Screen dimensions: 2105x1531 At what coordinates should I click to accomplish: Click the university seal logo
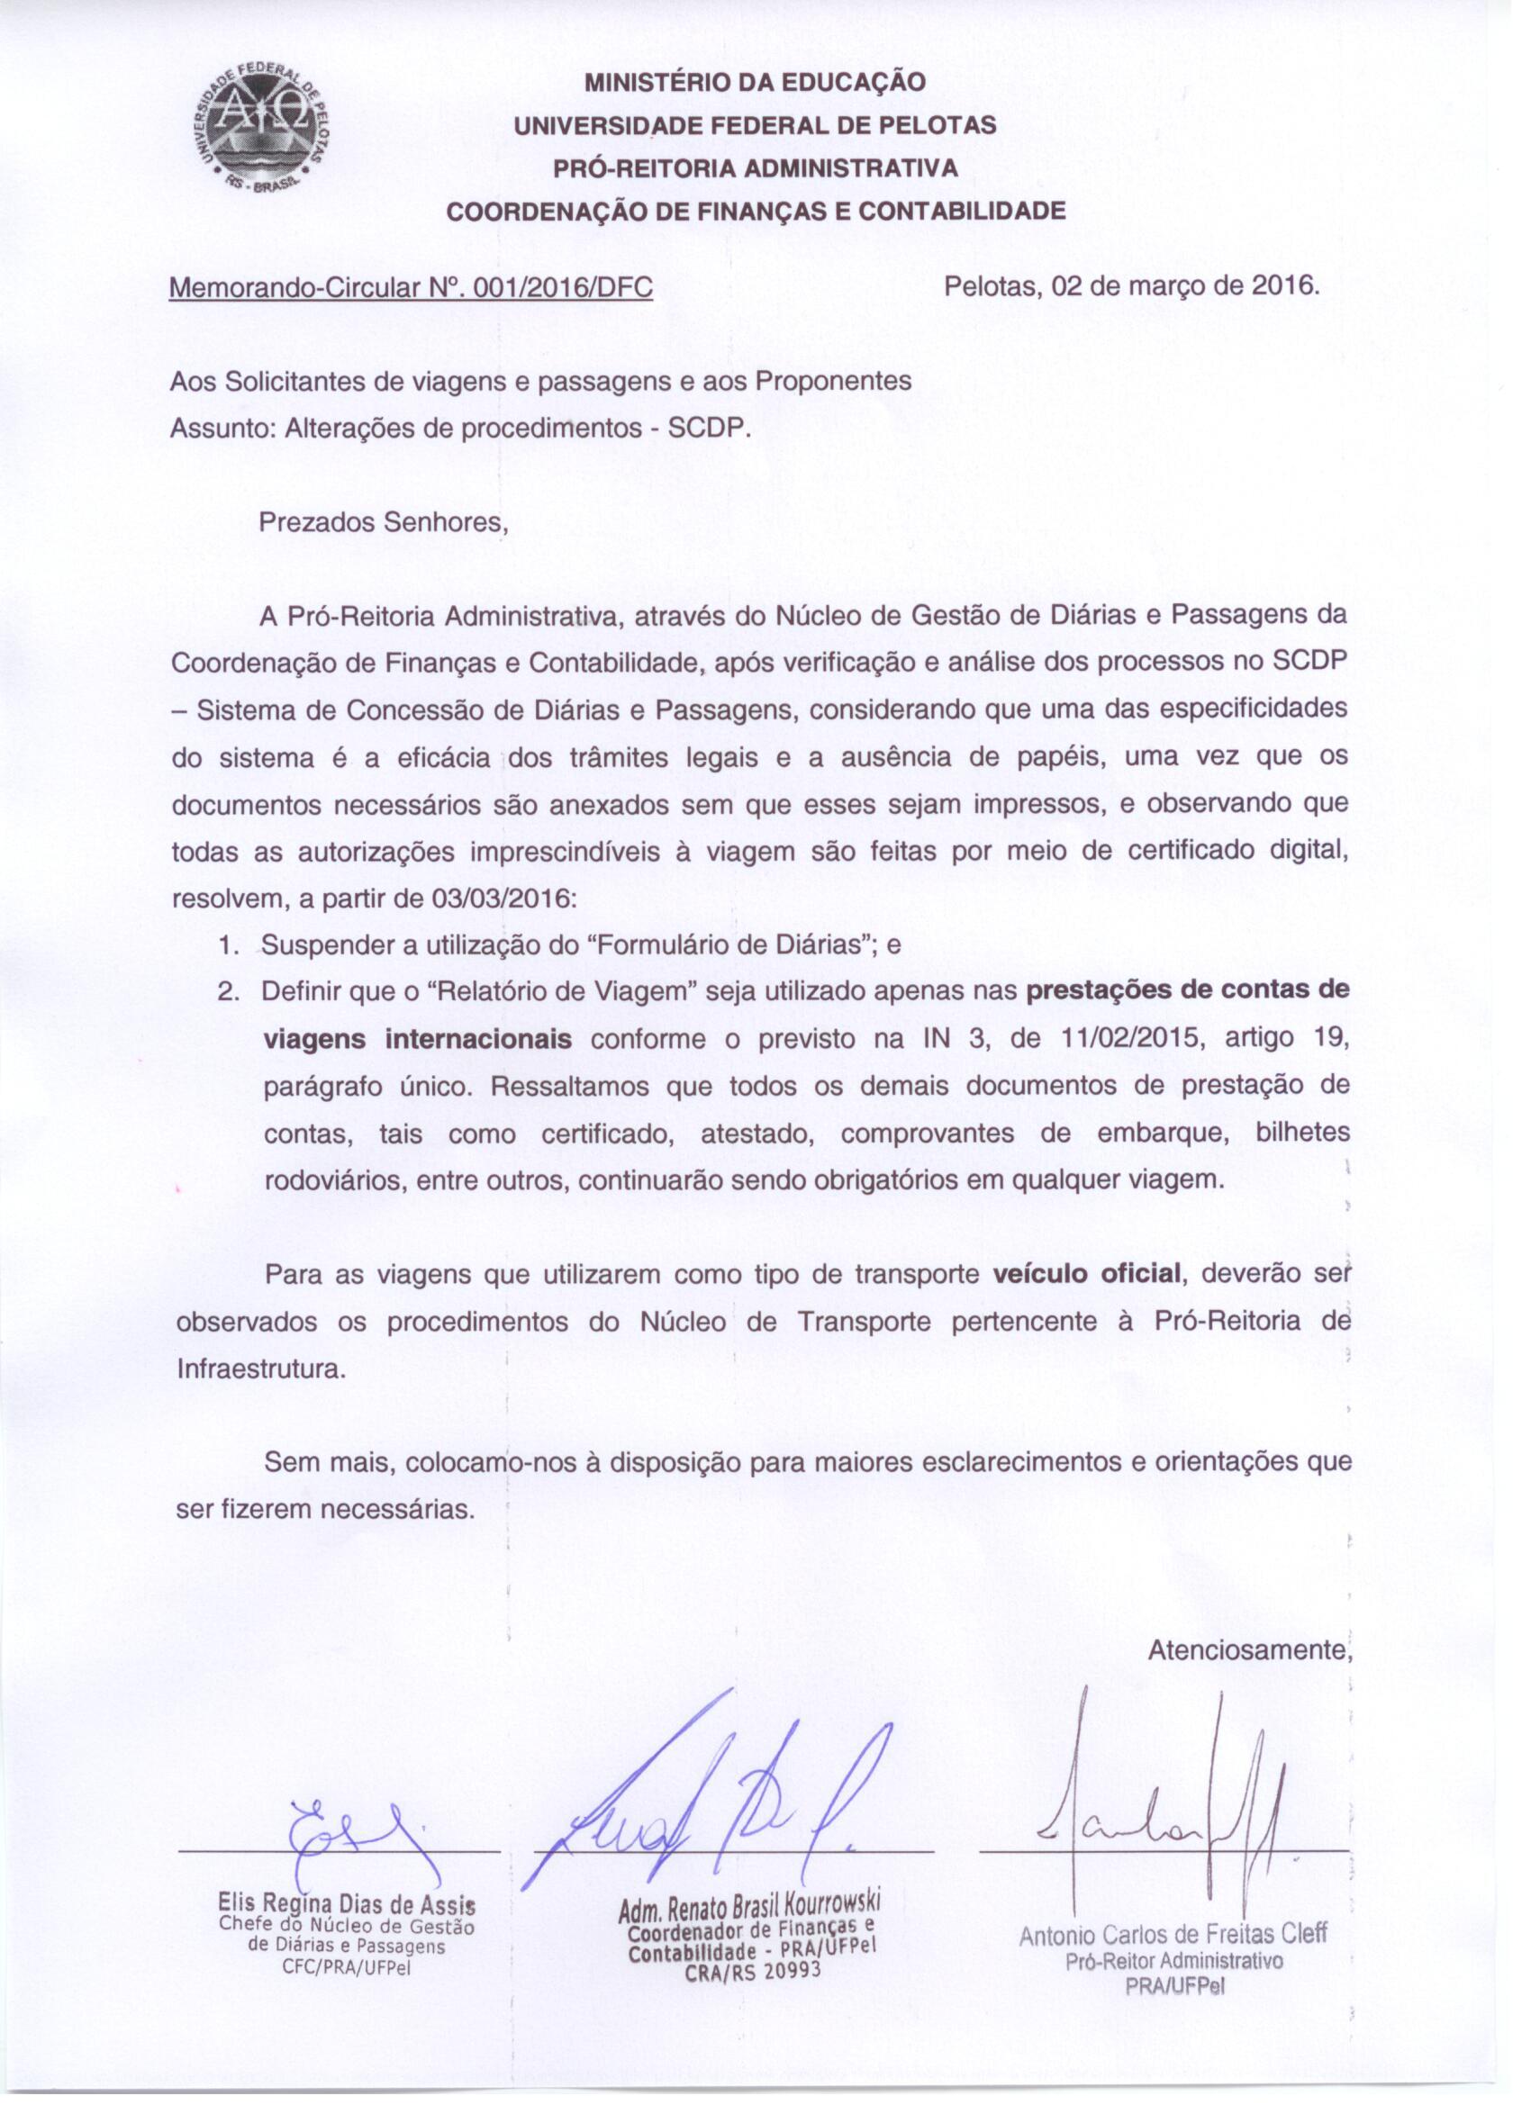(x=267, y=129)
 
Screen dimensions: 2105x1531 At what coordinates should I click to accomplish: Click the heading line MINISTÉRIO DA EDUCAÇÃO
(x=755, y=82)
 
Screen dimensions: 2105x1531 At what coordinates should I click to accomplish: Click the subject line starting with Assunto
(x=459, y=429)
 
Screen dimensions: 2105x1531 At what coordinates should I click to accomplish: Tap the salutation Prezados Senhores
(x=384, y=521)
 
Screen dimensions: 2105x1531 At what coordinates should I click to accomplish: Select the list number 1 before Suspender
(x=229, y=945)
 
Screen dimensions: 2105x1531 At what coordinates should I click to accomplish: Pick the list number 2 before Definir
(x=229, y=991)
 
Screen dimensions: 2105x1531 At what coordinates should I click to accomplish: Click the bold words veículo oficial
(x=1086, y=1273)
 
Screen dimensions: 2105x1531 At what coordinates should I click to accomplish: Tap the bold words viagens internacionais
(x=418, y=1039)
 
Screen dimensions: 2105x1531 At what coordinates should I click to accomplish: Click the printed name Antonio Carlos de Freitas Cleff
(x=1173, y=1935)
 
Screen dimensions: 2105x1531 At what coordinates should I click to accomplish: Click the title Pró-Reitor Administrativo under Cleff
(x=1173, y=1961)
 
